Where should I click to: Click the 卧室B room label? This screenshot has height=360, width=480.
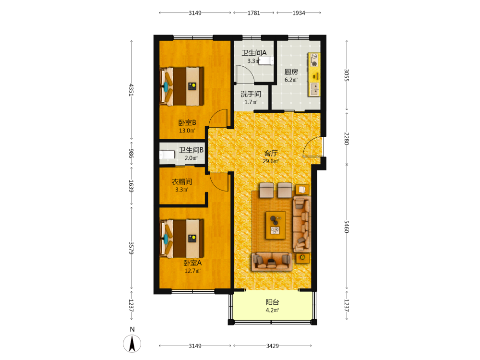(187, 123)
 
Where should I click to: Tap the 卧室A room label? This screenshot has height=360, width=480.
(192, 263)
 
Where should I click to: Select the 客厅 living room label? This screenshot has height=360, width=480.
(271, 154)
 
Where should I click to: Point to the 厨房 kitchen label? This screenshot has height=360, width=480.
(291, 72)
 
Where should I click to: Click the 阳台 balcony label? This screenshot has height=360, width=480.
(272, 302)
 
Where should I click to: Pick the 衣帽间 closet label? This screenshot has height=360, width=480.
(182, 182)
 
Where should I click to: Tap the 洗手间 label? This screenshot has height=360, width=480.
(251, 94)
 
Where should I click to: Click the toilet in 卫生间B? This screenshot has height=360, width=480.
(167, 155)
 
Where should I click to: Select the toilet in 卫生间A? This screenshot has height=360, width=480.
(266, 60)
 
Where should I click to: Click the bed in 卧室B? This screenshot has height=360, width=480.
(182, 86)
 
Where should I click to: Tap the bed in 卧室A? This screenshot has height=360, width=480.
(182, 238)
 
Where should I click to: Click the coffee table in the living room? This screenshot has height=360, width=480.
(276, 225)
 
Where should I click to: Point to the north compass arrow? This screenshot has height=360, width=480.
(132, 344)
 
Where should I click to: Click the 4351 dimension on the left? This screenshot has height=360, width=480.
(132, 90)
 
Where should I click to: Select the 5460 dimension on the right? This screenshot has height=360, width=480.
(347, 227)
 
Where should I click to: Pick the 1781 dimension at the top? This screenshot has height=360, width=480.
(254, 13)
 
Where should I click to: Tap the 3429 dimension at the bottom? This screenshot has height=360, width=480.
(273, 346)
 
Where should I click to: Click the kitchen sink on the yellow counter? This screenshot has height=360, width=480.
(314, 89)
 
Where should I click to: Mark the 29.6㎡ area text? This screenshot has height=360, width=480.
(271, 161)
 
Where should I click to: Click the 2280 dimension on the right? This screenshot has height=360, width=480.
(347, 138)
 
